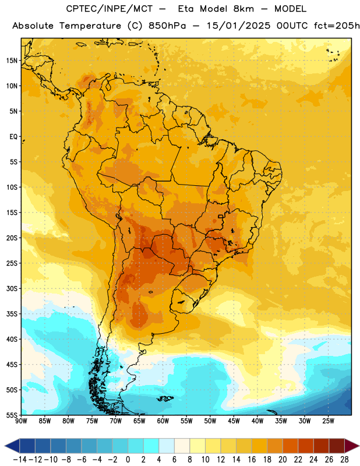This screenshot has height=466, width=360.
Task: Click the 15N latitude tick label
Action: click(x=12, y=61)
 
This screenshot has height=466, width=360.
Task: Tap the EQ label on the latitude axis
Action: click(x=13, y=137)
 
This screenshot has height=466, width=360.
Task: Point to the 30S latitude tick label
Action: click(x=12, y=288)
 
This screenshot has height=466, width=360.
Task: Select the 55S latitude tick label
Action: click(x=12, y=415)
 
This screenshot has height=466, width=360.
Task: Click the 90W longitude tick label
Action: click(x=21, y=421)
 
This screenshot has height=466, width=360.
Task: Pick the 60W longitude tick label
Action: click(x=163, y=421)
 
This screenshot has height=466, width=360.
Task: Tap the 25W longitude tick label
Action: click(x=328, y=421)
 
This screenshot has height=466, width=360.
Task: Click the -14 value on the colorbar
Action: click(x=20, y=460)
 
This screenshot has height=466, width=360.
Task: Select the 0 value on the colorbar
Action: click(x=128, y=460)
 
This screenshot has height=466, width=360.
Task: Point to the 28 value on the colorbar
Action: click(x=344, y=460)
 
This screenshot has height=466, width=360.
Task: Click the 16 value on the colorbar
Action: click(x=252, y=460)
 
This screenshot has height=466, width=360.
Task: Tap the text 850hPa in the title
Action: click(x=167, y=26)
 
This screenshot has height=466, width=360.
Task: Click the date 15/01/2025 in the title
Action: click(x=239, y=26)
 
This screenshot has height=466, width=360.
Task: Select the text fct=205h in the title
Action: click(x=337, y=26)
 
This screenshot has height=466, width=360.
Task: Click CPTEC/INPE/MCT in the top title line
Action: click(x=110, y=9)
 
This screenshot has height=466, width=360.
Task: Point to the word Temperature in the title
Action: click(x=90, y=26)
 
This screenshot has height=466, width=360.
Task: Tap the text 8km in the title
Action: click(x=243, y=9)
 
